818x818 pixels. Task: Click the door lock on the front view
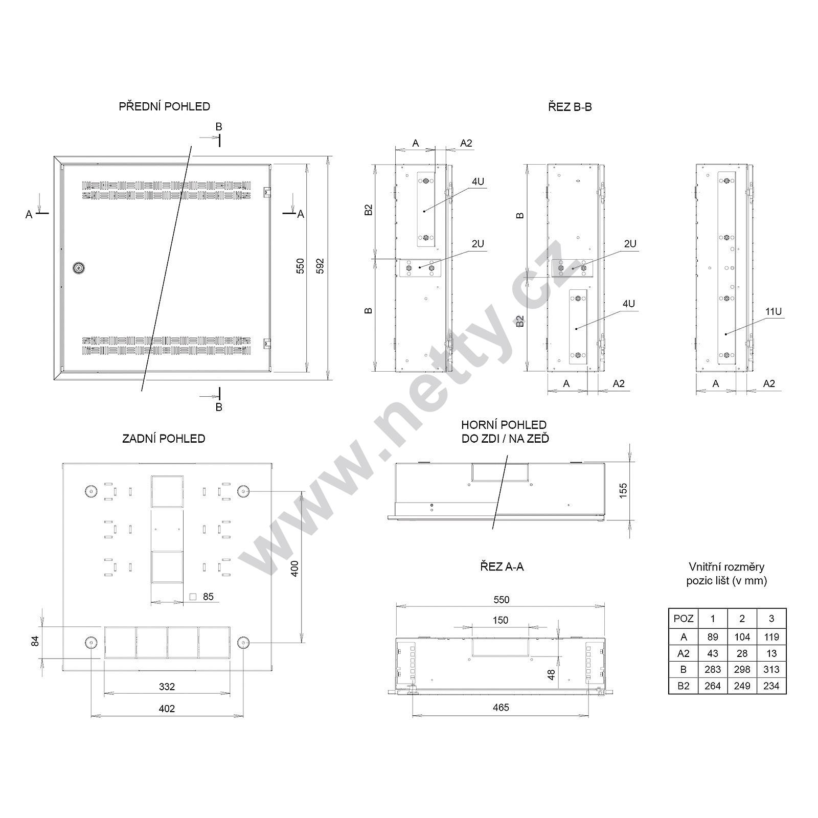(x=79, y=267)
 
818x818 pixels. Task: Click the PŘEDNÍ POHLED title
(x=164, y=106)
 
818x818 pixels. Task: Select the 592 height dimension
(x=320, y=266)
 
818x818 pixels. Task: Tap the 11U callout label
(x=773, y=311)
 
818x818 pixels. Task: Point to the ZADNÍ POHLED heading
(x=164, y=439)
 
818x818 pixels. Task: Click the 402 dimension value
(x=167, y=709)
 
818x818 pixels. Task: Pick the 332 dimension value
(x=167, y=687)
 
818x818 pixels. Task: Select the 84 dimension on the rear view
(x=35, y=641)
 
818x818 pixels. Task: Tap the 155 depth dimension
(x=622, y=490)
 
